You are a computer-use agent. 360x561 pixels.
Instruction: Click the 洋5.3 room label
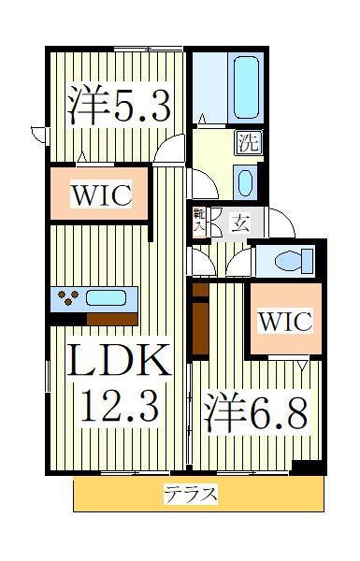(119, 106)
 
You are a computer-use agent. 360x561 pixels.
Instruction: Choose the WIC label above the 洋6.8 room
(284, 320)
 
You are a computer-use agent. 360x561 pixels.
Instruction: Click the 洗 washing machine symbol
(247, 143)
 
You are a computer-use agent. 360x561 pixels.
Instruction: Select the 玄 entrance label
(239, 223)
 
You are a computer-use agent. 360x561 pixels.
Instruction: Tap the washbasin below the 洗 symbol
(245, 180)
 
